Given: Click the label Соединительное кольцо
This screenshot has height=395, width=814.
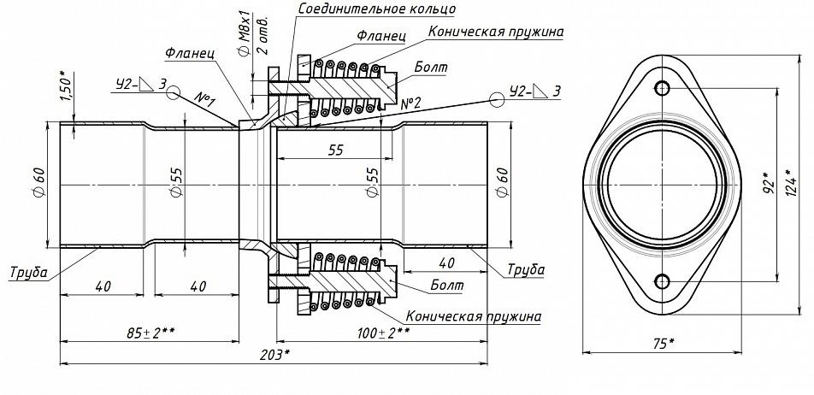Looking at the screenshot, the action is coord(377,9).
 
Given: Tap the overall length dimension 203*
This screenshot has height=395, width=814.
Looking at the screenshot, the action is coord(274,355).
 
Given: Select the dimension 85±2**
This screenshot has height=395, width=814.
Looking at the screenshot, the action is coord(151,333).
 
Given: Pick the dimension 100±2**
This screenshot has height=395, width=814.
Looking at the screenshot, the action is coord(383,332).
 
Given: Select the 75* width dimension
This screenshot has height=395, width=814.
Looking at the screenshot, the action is coord(662,343).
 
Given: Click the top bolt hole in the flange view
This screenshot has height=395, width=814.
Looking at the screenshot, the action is coord(662,88).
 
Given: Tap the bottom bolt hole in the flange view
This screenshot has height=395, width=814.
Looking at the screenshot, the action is coord(662,282).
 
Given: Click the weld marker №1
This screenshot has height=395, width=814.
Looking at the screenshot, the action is coord(205,100).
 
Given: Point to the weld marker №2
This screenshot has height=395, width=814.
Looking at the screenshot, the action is coord(410,103).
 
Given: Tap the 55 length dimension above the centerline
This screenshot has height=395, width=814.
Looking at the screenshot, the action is coord(336,150).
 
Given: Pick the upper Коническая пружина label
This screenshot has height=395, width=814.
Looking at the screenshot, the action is coord(496,32).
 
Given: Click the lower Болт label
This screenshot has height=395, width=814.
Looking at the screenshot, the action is coord(447,285).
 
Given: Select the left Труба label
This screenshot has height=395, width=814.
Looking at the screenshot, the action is coord(28,272).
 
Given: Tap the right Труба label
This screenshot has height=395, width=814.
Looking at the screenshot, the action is coord(525,270).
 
